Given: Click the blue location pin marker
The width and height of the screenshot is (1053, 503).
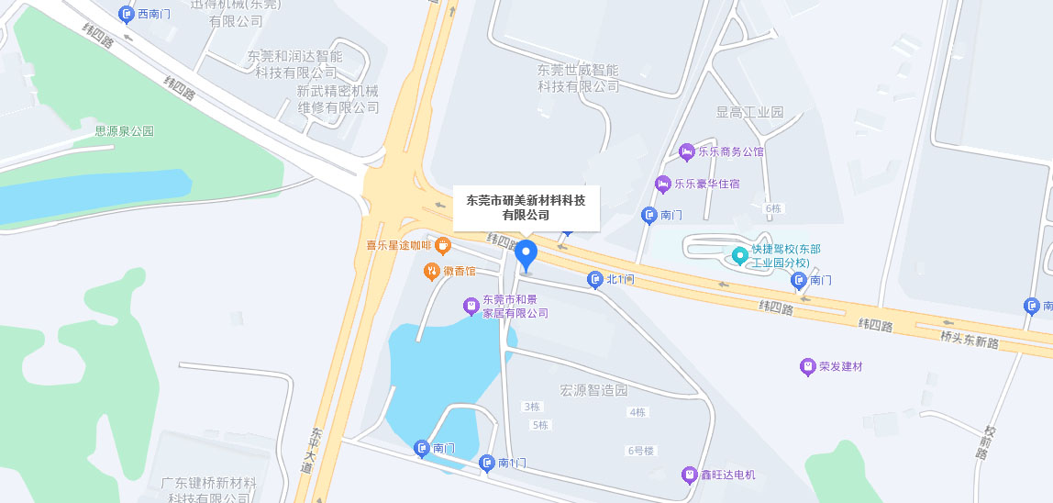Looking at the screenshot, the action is pyautogui.click(x=526, y=253).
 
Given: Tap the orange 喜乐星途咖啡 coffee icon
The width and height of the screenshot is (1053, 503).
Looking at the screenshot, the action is pyautogui.click(x=442, y=245).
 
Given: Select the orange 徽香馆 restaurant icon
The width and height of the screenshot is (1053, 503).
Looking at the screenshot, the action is pyautogui.click(x=431, y=271).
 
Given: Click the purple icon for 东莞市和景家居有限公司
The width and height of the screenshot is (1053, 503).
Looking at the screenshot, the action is pyautogui.click(x=471, y=306).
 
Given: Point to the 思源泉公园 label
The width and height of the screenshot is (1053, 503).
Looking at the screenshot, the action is pyautogui.click(x=125, y=131).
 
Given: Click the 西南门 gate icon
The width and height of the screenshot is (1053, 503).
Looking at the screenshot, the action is pyautogui.click(x=127, y=14).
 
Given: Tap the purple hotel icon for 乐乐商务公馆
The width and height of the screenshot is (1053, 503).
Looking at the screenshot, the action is pyautogui.click(x=686, y=151).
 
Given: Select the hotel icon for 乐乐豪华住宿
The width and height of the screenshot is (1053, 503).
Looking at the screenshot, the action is pyautogui.click(x=662, y=184).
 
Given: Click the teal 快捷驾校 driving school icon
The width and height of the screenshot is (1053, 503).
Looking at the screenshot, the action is pyautogui.click(x=739, y=254).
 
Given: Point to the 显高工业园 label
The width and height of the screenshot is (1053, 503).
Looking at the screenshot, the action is pyautogui.click(x=749, y=112).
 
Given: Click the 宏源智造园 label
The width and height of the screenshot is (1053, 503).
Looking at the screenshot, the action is pyautogui.click(x=593, y=390).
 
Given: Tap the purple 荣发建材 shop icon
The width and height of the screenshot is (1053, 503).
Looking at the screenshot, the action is pyautogui.click(x=807, y=367).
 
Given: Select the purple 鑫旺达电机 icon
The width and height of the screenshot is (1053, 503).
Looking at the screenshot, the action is pyautogui.click(x=689, y=475).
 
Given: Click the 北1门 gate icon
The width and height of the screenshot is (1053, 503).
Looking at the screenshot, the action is pyautogui.click(x=595, y=279).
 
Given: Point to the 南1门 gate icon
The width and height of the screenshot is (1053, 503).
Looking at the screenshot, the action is pyautogui.click(x=487, y=463).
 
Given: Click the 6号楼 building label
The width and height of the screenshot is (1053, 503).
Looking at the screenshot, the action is pyautogui.click(x=640, y=451).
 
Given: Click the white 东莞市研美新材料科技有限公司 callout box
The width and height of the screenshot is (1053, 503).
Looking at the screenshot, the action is pyautogui.click(x=526, y=207).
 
